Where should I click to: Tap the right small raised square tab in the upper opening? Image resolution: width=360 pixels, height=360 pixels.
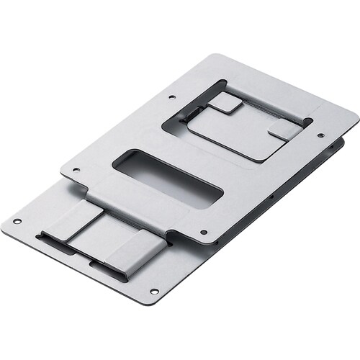click(x=284, y=130)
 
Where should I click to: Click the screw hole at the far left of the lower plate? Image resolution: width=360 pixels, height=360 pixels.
click(x=17, y=220)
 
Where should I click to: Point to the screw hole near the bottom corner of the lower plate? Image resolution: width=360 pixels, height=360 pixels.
click(x=153, y=291)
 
